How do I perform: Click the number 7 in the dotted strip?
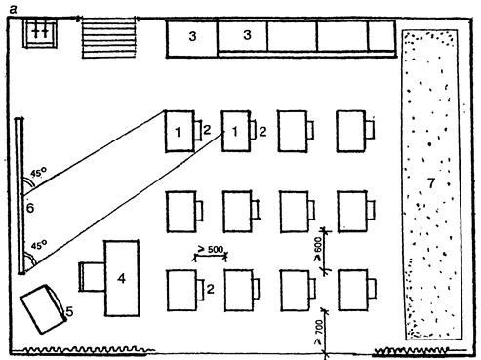tap(431, 183)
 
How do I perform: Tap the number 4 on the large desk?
tap(121, 278)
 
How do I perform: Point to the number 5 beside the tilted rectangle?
tap(69, 312)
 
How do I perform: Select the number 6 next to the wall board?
tap(30, 208)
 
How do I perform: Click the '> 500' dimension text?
tap(211, 250)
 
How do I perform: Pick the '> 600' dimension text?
tap(318, 249)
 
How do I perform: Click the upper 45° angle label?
tap(39, 172)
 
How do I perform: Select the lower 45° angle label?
tap(39, 245)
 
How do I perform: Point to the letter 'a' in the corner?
tap(13, 10)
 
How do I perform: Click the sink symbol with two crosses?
tap(40, 33)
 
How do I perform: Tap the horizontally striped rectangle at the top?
tap(108, 38)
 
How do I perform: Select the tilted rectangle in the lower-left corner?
tap(43, 309)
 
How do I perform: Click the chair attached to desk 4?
tap(92, 277)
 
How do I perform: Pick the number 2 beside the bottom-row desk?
tap(210, 289)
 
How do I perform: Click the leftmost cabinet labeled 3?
tap(192, 39)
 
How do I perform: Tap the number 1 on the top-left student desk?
tap(178, 132)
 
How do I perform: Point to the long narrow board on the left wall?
tap(20, 196)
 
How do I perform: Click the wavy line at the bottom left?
tap(83, 350)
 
